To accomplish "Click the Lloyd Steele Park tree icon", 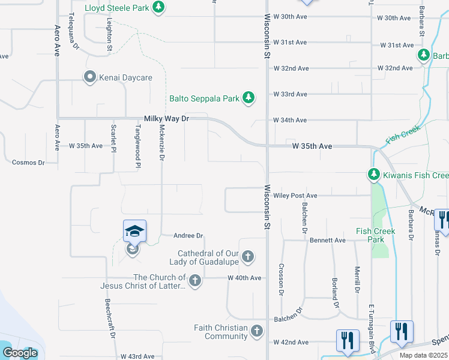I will click(x=158, y=7).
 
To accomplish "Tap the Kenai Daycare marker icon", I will click(x=90, y=77).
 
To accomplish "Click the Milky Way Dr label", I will click(x=166, y=119).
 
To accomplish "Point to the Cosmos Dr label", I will click(x=28, y=163).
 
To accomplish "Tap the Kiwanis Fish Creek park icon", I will click(x=374, y=175).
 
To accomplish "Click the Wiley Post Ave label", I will click(x=295, y=196).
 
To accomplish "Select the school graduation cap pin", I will click(x=134, y=230).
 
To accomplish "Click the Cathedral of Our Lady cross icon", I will click(x=248, y=258).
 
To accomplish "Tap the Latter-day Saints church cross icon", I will click(x=194, y=281).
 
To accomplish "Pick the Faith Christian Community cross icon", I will click(x=256, y=331).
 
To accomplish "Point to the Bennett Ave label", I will click(x=328, y=240).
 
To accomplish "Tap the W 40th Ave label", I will click(x=244, y=278).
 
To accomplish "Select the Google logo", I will click(x=20, y=353).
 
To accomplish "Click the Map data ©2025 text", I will click(x=423, y=355).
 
